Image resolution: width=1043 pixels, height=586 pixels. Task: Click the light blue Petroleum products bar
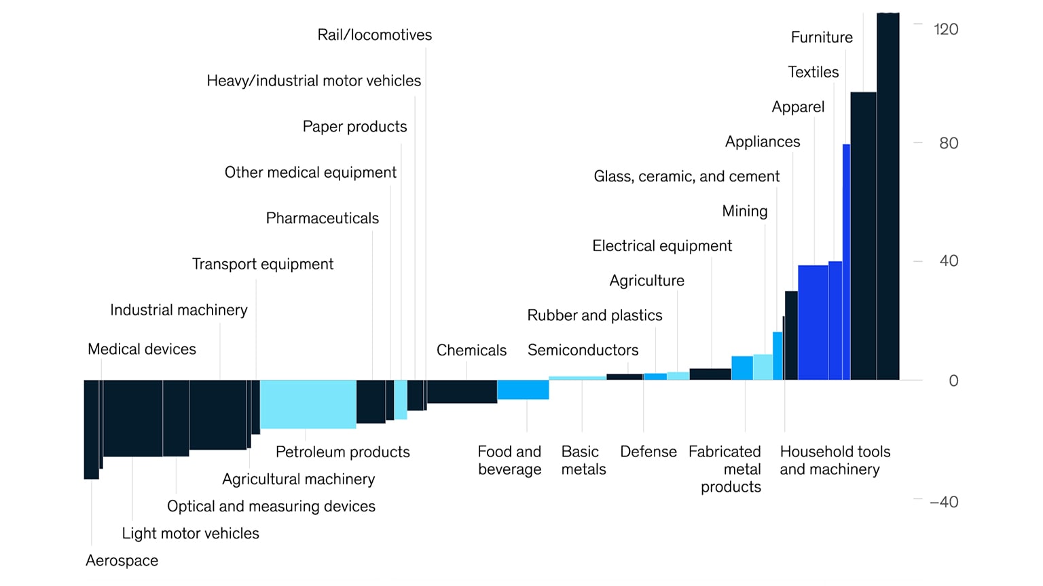click(x=308, y=404)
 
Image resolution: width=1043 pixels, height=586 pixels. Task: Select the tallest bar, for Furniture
click(x=888, y=197)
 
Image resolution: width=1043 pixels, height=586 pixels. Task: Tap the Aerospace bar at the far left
click(x=91, y=429)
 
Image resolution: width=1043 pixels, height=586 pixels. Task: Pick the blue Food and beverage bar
click(x=523, y=390)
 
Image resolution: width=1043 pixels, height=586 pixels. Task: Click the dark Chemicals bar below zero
click(x=462, y=392)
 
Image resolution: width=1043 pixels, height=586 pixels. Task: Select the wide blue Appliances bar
click(x=813, y=322)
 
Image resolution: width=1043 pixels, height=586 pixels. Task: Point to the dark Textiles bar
click(x=863, y=236)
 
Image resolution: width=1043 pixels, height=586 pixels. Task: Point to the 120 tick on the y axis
click(x=945, y=29)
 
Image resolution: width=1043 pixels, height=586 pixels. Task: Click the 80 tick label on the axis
click(x=948, y=143)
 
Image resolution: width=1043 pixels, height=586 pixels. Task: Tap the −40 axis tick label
click(x=943, y=502)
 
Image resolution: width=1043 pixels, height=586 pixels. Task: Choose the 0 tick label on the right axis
click(x=953, y=381)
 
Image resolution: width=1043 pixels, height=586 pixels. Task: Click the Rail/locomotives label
click(x=374, y=35)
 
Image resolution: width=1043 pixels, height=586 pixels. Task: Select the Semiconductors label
click(x=583, y=350)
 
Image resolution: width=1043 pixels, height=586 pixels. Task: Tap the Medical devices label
click(x=141, y=349)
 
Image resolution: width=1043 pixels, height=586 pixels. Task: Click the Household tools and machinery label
click(x=835, y=461)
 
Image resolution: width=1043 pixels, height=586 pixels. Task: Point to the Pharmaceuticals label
click(x=322, y=218)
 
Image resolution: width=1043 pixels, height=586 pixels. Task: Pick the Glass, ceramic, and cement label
click(x=686, y=176)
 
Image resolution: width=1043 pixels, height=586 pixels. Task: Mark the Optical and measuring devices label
click(x=271, y=507)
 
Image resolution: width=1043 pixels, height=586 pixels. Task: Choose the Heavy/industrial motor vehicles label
click(x=313, y=81)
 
